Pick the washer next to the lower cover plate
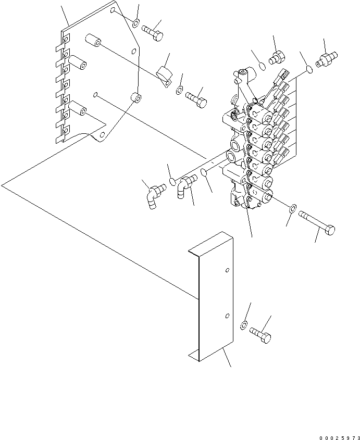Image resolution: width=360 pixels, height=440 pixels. (x=243, y=326)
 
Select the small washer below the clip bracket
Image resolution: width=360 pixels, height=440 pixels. (x=179, y=92)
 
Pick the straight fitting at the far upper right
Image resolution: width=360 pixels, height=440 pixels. (x=327, y=58)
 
